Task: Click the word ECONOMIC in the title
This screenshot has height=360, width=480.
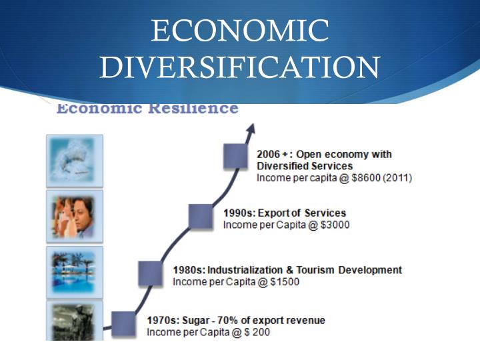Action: coord(240,31)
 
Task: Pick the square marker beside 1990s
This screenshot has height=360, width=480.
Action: coord(201,216)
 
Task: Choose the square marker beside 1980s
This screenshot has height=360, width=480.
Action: coord(151,273)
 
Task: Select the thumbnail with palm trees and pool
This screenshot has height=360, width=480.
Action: coord(74,271)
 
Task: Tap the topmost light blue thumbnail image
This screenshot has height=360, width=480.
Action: coord(74,160)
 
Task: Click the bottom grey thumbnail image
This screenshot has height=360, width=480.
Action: coord(74,321)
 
